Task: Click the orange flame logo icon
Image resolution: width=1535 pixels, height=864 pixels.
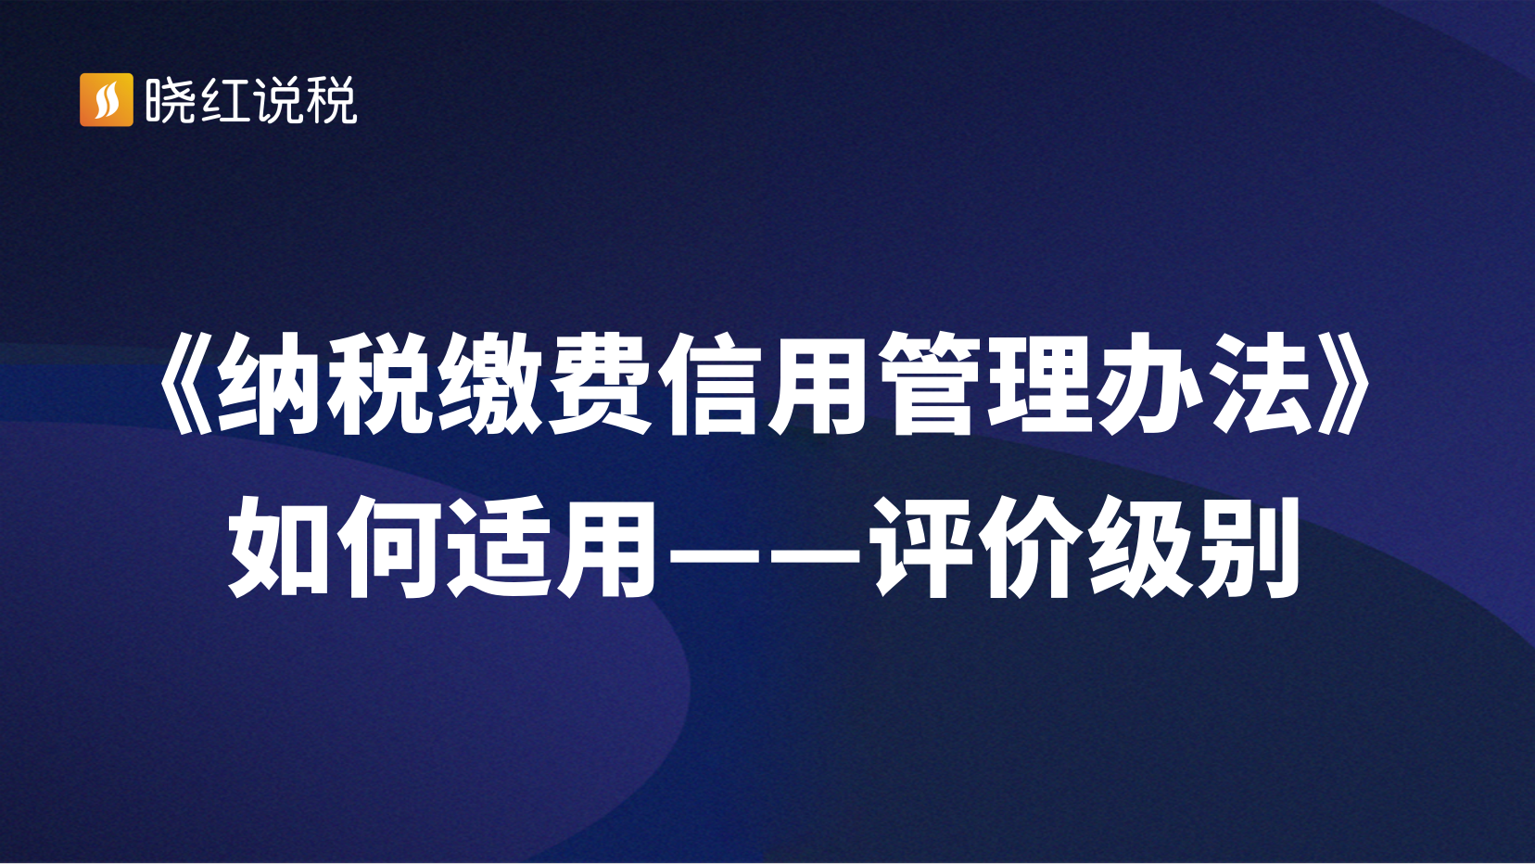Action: [107, 100]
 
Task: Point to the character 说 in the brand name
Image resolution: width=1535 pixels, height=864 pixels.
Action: [277, 100]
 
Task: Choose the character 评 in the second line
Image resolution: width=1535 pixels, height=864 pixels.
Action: [920, 547]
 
